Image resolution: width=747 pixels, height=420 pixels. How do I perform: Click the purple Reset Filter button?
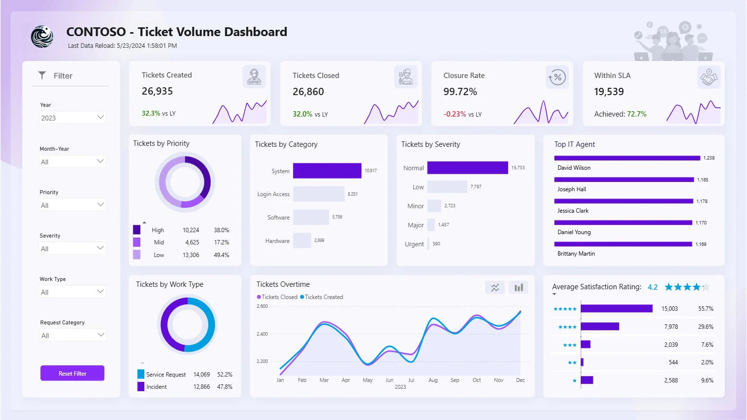pos(72,373)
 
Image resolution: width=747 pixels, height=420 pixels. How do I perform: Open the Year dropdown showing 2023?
pos(72,118)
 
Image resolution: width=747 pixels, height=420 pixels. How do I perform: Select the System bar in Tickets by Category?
pos(327,171)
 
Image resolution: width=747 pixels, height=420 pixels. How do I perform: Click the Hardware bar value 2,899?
pos(319,240)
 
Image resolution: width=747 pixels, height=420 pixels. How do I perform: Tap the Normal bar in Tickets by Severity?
pos(467,168)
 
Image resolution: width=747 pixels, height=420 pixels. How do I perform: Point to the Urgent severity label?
pos(414,244)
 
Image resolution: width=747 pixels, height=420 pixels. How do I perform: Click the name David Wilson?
pos(574,168)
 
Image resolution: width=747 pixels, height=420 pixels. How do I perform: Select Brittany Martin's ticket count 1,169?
pos(701,244)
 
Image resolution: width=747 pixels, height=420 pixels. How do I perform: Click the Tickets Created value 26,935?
pos(157,91)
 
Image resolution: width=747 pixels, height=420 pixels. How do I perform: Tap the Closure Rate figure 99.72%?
pos(460,92)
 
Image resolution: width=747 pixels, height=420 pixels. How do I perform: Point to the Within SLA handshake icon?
pos(708,77)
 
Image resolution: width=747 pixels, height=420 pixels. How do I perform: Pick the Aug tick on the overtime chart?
pos(433,380)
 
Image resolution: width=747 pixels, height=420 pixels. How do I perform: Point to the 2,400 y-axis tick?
pos(262,334)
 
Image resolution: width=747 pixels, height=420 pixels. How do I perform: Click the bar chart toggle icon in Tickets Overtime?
pos(518,287)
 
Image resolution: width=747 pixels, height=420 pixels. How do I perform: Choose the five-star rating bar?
pos(616,309)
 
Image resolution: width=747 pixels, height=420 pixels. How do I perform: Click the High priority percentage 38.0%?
pos(221,230)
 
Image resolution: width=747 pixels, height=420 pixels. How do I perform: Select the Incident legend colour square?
pos(141,387)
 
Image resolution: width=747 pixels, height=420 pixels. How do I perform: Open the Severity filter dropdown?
pos(72,248)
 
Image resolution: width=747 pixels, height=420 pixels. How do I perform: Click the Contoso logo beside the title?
pos(42,37)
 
